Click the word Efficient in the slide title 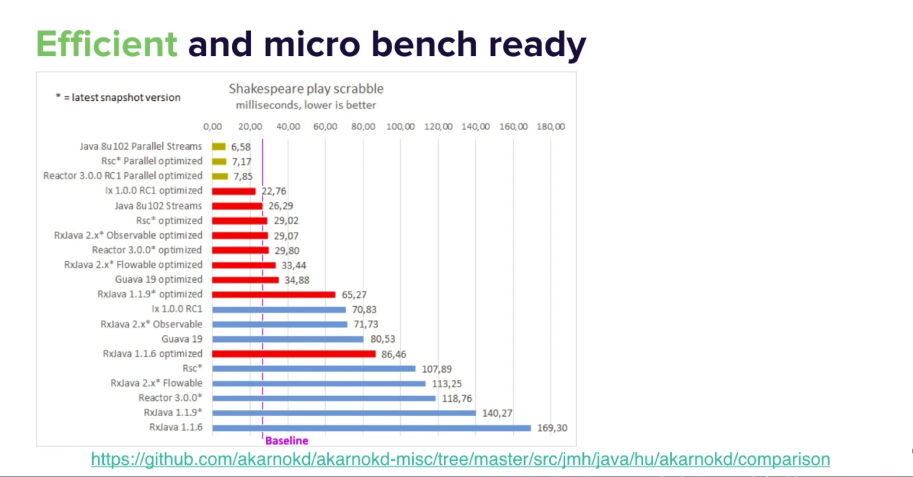point(107,44)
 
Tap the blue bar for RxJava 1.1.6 point(371,428)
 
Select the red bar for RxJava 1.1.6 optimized point(294,354)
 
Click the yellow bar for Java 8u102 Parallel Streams point(219,147)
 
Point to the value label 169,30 point(552,428)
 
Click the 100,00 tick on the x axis point(400,127)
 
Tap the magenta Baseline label point(286,441)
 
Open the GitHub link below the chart point(460,459)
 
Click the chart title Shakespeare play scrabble point(306,89)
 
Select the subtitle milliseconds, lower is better point(306,105)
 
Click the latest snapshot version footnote point(118,97)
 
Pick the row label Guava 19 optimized point(159,279)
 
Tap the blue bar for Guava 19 point(288,339)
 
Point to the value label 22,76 point(274,191)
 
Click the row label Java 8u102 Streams point(158,206)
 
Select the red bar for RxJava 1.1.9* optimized point(274,295)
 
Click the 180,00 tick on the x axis point(551,127)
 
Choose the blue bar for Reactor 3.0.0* point(324,398)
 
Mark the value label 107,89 point(437,369)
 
